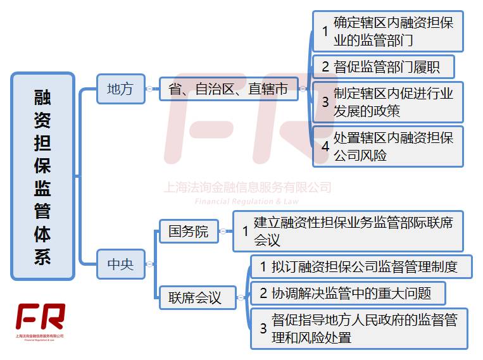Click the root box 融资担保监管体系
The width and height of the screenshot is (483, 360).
tap(42, 176)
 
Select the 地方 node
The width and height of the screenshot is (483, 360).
tap(120, 89)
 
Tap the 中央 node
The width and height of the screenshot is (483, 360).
tap(120, 264)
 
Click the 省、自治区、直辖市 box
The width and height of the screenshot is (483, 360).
tap(228, 89)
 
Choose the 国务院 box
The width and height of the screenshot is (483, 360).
tap(188, 232)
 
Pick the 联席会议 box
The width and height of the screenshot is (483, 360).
tap(194, 297)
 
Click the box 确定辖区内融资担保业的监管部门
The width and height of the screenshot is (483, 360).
tap(388, 31)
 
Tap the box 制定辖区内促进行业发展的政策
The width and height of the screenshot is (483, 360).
tap(388, 102)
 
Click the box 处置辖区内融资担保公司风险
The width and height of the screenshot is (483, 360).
tap(388, 146)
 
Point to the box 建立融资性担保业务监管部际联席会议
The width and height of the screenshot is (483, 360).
tap(348, 231)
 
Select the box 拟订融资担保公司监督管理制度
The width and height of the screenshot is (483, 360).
tap(361, 266)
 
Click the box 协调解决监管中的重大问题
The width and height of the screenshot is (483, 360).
tap(348, 293)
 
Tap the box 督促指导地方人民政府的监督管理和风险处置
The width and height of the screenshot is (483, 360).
tap(359, 328)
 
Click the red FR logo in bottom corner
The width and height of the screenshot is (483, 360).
tap(41, 316)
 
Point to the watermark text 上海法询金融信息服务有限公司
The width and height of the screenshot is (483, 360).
tap(248, 187)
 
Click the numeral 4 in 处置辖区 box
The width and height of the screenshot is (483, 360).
tap(325, 147)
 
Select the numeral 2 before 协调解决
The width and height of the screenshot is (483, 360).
tap(263, 294)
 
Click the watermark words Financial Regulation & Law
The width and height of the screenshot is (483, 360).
tap(247, 201)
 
